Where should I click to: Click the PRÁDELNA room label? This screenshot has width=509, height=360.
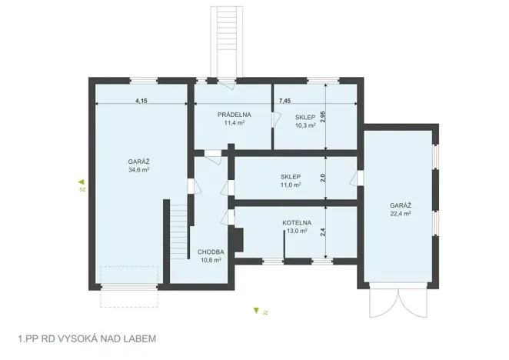coord(233,115)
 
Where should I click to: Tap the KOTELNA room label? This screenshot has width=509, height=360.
coord(297,222)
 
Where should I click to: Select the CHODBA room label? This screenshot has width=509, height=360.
coord(211,252)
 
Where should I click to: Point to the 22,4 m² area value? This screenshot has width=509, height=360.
coord(400,214)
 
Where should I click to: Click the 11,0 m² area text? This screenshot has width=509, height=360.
coord(291,185)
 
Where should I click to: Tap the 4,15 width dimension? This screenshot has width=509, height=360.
coord(141,101)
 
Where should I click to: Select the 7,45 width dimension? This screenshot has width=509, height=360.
coord(284,101)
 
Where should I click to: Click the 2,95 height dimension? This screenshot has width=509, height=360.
coord(324,116)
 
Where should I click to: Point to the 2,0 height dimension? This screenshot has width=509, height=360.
coord(324,178)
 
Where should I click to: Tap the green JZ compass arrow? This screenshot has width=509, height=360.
coord(256,312)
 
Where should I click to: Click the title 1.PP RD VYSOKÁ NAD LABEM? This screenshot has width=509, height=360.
coord(86,338)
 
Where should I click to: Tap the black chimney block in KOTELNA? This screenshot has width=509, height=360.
coord(240,239)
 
